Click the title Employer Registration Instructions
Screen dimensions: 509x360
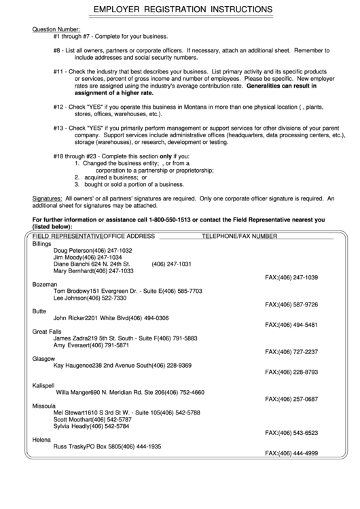coord(183,10)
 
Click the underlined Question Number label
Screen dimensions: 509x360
coord(56,30)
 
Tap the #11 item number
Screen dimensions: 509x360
coord(58,71)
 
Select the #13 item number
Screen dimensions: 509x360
coord(58,128)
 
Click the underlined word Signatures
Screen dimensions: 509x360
coord(47,198)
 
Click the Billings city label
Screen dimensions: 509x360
coord(42,243)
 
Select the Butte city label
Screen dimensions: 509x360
coord(39,311)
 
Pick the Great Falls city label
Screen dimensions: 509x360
coord(48,331)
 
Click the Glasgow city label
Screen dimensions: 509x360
coord(44,358)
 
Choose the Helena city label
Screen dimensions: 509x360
coord(42,440)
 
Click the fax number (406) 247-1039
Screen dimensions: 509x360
coord(291,278)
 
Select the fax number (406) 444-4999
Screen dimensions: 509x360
coord(291,453)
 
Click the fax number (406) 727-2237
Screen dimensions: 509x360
coord(291,352)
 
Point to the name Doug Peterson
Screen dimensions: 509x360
coord(73,251)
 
